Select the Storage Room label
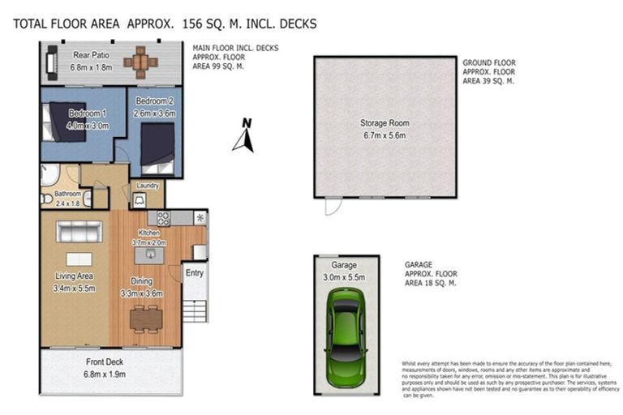point(385,124)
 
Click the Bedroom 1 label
point(85,113)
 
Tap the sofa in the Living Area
point(79,232)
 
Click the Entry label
point(195,273)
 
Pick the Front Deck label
point(105,362)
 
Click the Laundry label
point(148,186)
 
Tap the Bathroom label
point(67,194)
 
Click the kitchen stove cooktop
point(163,217)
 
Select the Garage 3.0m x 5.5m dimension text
point(345,277)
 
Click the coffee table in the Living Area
point(79,259)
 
